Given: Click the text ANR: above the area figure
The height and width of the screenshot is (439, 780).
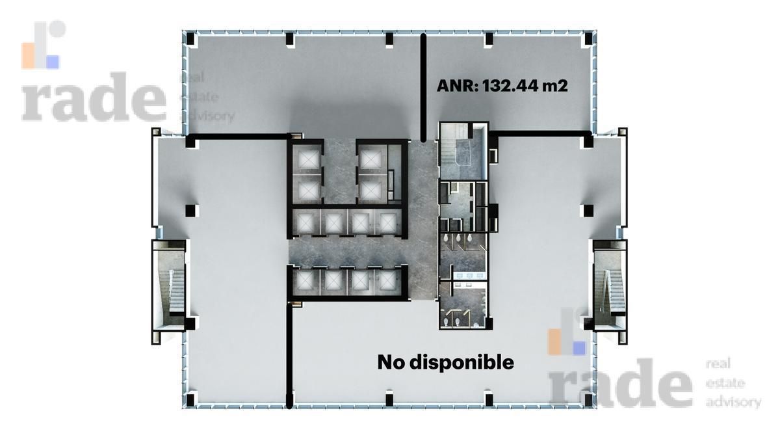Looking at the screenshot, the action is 457,86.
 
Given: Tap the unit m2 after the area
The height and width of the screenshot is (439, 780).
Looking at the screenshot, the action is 551,86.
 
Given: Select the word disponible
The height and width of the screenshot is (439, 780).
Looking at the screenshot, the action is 461,362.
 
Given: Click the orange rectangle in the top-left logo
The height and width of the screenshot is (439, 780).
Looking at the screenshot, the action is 27,56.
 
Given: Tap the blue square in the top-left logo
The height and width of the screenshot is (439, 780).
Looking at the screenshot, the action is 53,62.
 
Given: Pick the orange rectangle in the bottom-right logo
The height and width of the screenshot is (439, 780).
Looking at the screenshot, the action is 554,342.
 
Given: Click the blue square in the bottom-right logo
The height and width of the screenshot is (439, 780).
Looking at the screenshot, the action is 580,349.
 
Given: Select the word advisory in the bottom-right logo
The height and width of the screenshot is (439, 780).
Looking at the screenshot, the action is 733,403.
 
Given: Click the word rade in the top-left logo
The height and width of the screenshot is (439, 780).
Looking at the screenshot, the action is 94,97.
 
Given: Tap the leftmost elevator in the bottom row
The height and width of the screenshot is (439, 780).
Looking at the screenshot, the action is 305,280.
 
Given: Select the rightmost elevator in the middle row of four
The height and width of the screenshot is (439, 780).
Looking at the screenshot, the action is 387,223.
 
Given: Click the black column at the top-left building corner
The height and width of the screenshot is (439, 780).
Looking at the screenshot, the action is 190,38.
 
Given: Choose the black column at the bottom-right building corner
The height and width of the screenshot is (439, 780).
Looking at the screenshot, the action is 588,399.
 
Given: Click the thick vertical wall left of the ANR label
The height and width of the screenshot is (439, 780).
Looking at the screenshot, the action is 423,88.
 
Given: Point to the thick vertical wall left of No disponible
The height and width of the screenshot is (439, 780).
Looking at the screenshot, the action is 289,355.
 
